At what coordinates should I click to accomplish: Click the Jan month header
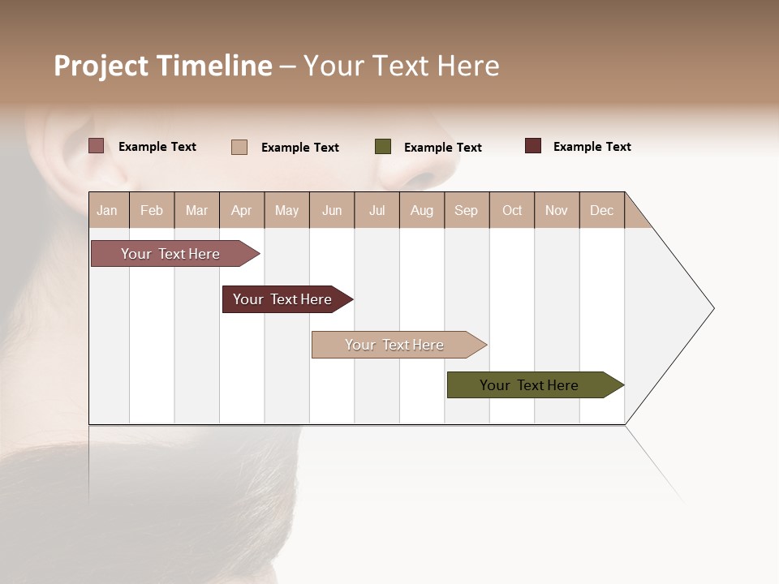[x=107, y=210]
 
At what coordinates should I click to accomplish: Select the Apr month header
[x=241, y=210]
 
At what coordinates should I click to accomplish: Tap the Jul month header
[x=377, y=210]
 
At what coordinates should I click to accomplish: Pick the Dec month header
[x=601, y=210]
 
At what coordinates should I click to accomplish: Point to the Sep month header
[x=466, y=210]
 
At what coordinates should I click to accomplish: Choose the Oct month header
[x=512, y=210]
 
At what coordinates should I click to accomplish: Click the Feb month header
[x=152, y=210]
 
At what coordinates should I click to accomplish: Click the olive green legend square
[x=383, y=146]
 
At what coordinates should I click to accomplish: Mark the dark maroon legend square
[x=533, y=146]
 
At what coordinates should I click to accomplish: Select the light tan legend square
[x=239, y=147]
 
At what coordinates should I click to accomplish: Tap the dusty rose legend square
[x=97, y=146]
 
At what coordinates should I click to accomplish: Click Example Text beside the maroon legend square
[x=592, y=147]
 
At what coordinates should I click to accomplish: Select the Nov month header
[x=557, y=210]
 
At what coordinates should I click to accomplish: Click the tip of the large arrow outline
[x=712, y=307]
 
